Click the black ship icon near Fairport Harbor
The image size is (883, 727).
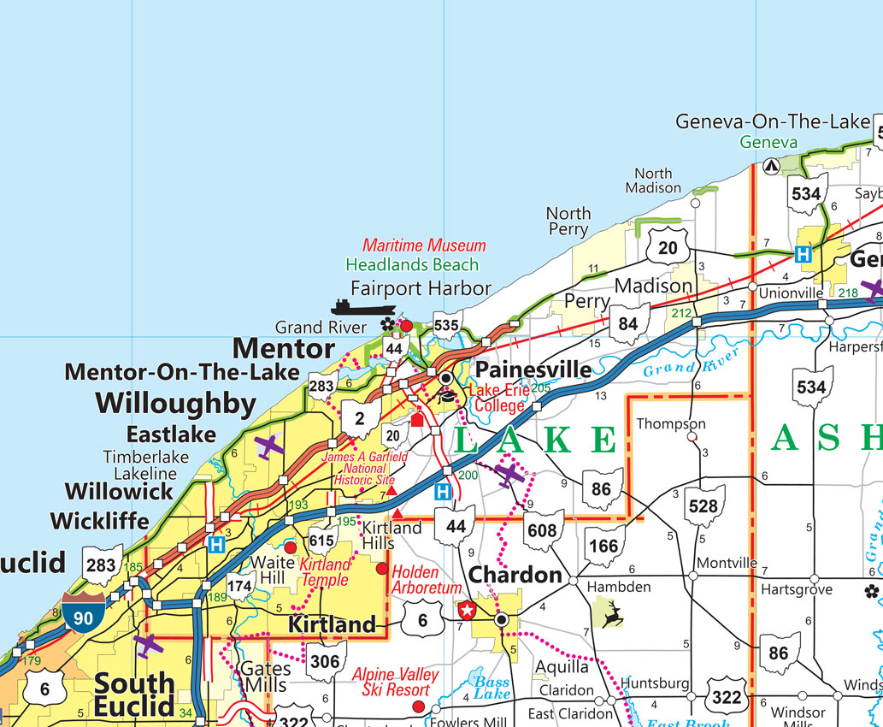click(x=363, y=308)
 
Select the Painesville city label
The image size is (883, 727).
click(x=533, y=369)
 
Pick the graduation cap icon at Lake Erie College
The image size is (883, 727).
click(x=446, y=396)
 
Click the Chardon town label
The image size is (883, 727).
click(x=515, y=575)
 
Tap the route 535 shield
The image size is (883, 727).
click(x=446, y=326)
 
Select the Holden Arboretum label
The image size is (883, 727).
click(x=427, y=580)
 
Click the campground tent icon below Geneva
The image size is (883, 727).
click(x=769, y=166)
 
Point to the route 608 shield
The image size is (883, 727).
click(x=541, y=531)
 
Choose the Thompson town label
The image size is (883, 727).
click(x=671, y=424)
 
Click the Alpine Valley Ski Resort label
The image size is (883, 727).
click(x=396, y=683)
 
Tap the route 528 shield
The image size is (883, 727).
click(x=703, y=507)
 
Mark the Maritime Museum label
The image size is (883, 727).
click(x=424, y=245)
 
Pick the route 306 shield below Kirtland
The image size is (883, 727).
click(x=325, y=662)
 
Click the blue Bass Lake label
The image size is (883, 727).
click(x=492, y=687)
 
